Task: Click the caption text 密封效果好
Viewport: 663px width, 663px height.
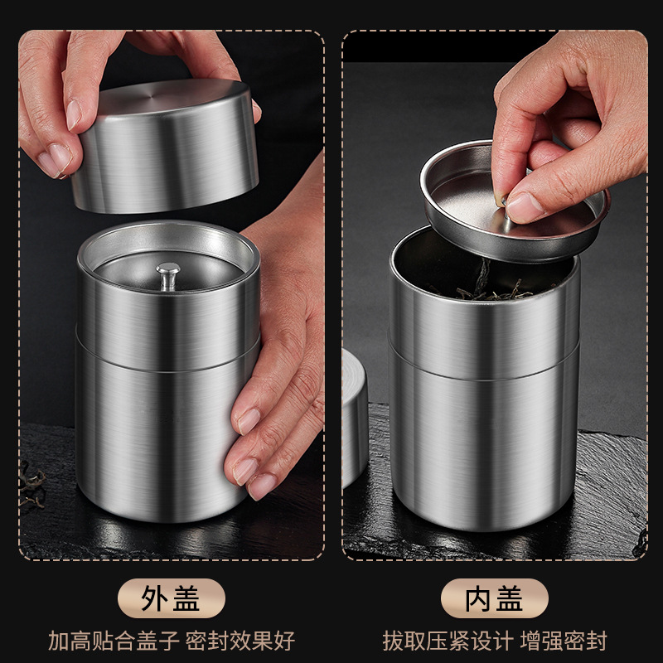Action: point(244,641)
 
